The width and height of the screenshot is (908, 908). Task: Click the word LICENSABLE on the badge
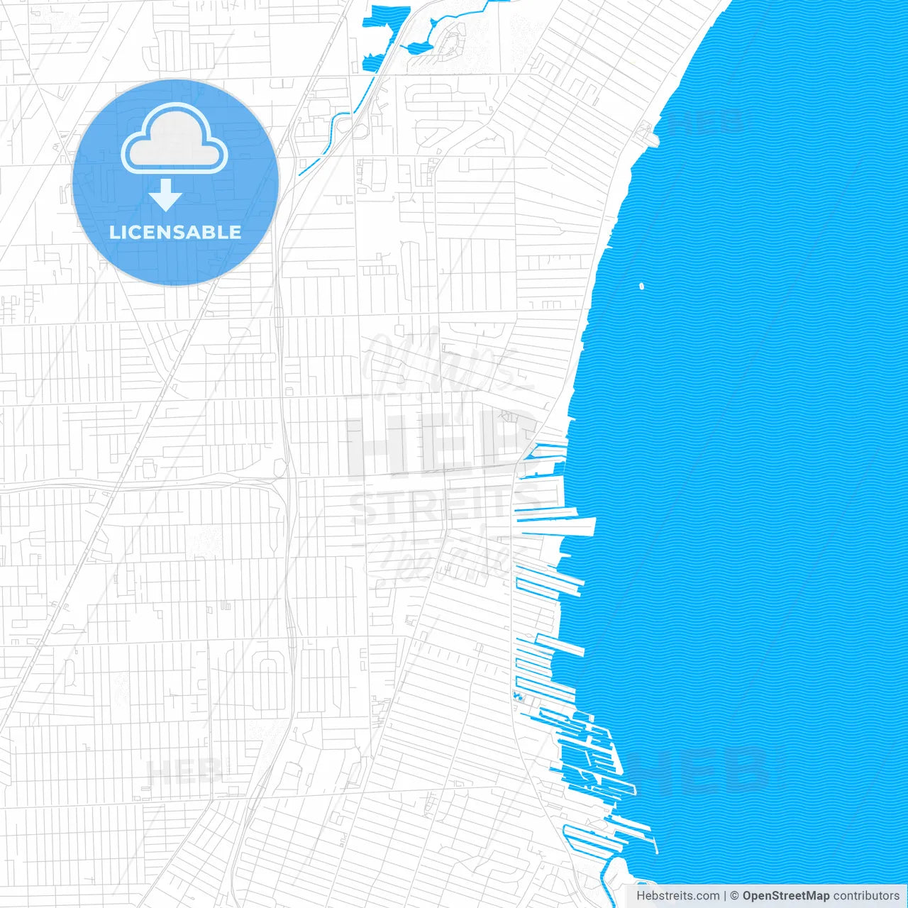(175, 232)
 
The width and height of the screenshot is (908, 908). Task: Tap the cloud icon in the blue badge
(175, 139)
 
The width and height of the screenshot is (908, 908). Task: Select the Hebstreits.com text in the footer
(677, 896)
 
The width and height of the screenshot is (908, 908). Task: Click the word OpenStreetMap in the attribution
(785, 896)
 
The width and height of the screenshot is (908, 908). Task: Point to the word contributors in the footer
(866, 896)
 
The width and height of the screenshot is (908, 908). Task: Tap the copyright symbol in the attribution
(734, 896)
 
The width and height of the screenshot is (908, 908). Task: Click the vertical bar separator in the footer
(725, 896)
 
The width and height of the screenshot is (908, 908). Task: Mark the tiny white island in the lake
(641, 287)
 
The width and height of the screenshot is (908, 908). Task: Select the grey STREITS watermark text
(433, 505)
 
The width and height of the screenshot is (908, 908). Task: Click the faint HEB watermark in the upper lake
(706, 123)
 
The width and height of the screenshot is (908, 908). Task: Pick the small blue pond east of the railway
(419, 48)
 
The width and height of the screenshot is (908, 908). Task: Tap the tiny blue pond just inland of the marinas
(517, 697)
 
